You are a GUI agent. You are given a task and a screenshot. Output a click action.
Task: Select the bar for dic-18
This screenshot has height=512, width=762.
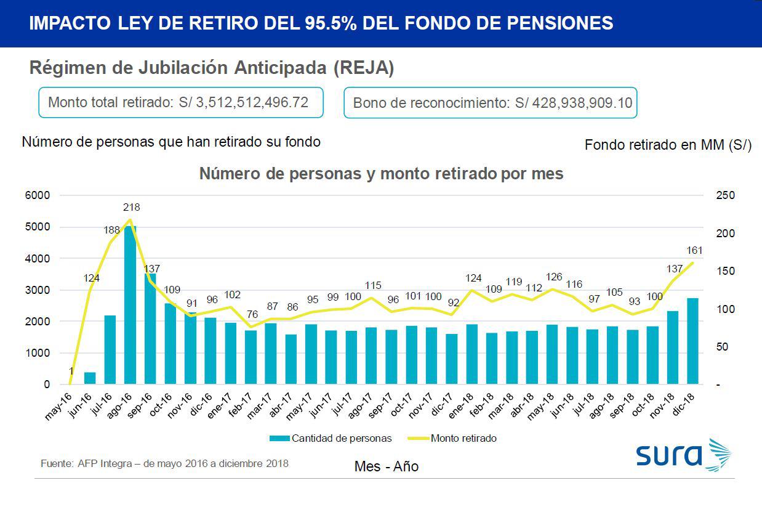click(692, 341)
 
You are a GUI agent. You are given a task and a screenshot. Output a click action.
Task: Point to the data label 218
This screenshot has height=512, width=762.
click(131, 207)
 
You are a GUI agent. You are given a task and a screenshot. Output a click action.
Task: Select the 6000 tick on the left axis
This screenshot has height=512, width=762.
click(38, 195)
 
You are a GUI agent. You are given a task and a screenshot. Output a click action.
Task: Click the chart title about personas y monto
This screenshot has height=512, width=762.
click(381, 174)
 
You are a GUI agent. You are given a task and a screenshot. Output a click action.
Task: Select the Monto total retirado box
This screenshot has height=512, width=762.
click(181, 102)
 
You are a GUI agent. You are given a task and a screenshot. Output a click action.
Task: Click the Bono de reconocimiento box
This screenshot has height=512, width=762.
click(490, 103)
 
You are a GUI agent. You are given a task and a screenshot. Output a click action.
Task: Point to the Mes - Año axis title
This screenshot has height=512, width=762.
click(387, 466)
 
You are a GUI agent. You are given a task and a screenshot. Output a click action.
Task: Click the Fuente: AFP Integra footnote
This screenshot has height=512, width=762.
click(164, 463)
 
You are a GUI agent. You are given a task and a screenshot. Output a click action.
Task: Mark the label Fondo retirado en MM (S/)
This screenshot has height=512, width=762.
click(668, 145)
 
